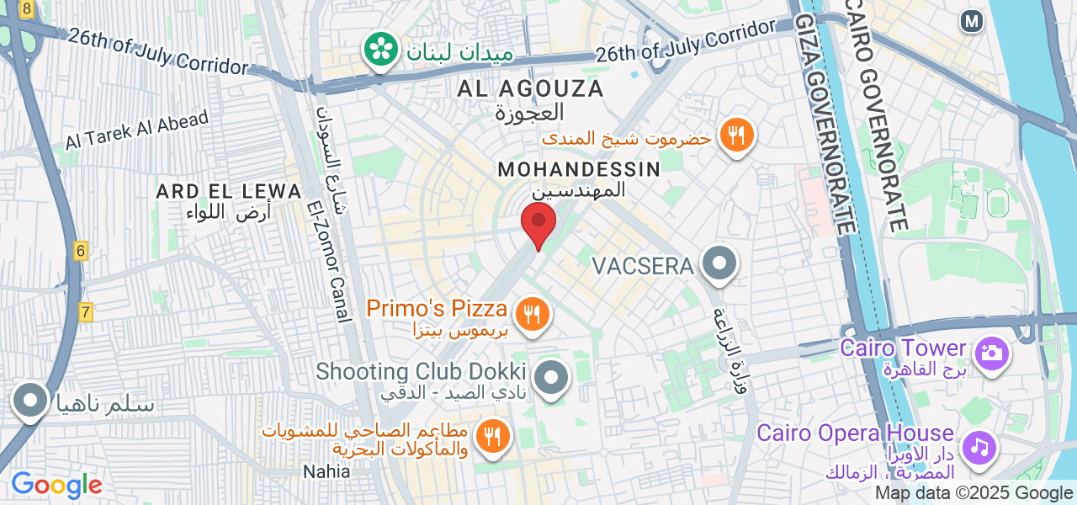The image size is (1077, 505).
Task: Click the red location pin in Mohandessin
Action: pyautogui.click(x=538, y=222)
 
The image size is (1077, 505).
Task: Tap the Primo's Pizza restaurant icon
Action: pyautogui.click(x=532, y=315)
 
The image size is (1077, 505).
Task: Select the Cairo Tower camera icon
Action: pyautogui.click(x=992, y=352)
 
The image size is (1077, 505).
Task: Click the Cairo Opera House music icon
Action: pyautogui.click(x=979, y=446)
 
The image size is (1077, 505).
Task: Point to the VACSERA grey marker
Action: pyautogui.click(x=719, y=263)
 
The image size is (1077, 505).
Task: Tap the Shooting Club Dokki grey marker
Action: pyautogui.click(x=552, y=377)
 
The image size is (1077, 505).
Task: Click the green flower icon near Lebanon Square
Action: pyautogui.click(x=381, y=48)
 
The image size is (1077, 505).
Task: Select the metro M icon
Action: pyautogui.click(x=972, y=21)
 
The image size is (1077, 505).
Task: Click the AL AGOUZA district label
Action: pyautogui.click(x=531, y=88)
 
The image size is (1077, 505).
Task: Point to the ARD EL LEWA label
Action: pyautogui.click(x=229, y=192)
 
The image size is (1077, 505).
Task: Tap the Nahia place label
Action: pyautogui.click(x=326, y=471)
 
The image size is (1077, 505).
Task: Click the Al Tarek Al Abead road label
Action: pyautogui.click(x=137, y=130)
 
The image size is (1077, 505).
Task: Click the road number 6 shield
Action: pyautogui.click(x=81, y=250)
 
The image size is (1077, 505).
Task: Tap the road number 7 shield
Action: pyautogui.click(x=86, y=312)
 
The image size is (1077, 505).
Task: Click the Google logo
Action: pyautogui.click(x=57, y=486)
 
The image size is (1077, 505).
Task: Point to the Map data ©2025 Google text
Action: pyautogui.click(x=974, y=493)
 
